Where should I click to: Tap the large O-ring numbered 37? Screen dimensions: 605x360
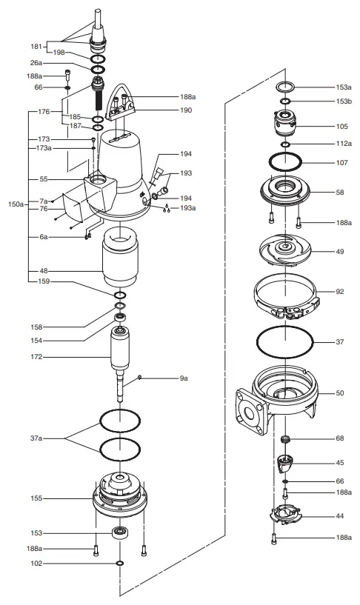coord(284,342)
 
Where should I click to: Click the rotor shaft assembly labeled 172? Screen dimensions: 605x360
coord(120,355)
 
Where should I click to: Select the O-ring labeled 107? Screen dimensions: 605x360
coord(284,161)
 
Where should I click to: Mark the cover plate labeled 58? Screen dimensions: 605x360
coord(284,191)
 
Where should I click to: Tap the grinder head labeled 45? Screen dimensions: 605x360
coord(285,463)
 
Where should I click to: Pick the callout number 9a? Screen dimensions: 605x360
coord(184,378)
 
